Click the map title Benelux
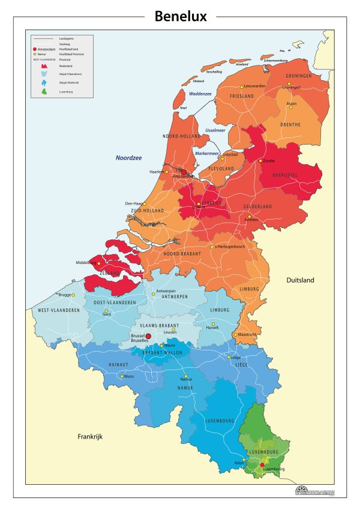coord(180,16)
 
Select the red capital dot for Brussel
coord(148,337)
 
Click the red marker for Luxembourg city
coord(262,464)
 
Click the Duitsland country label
coord(299,280)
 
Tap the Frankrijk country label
coord(91,437)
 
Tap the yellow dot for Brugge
coord(73,295)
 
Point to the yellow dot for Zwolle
coord(260,161)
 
